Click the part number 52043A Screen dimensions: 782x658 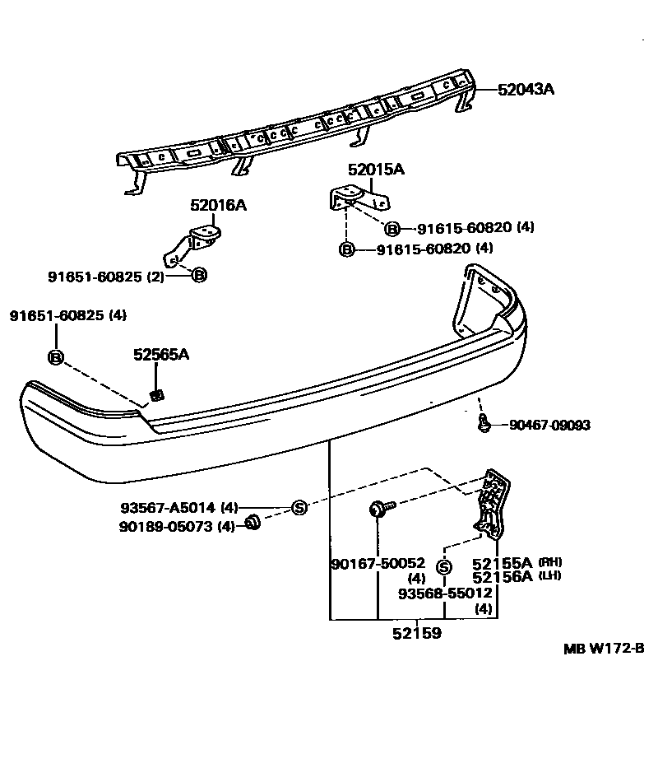[x=526, y=90]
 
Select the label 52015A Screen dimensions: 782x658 [x=376, y=170]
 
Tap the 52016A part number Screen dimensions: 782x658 [x=218, y=205]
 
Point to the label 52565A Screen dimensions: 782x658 [x=161, y=355]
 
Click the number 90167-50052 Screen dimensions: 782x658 [x=378, y=563]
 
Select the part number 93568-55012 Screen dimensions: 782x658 [x=445, y=593]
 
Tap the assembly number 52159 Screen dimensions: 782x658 [x=416, y=634]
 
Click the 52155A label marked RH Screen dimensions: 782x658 [x=503, y=563]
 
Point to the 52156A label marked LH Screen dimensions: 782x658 [x=503, y=576]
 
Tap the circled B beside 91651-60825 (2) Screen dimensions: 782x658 [x=198, y=276]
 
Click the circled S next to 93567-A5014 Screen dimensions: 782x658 [x=299, y=508]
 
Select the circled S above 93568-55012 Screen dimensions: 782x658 [x=444, y=567]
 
